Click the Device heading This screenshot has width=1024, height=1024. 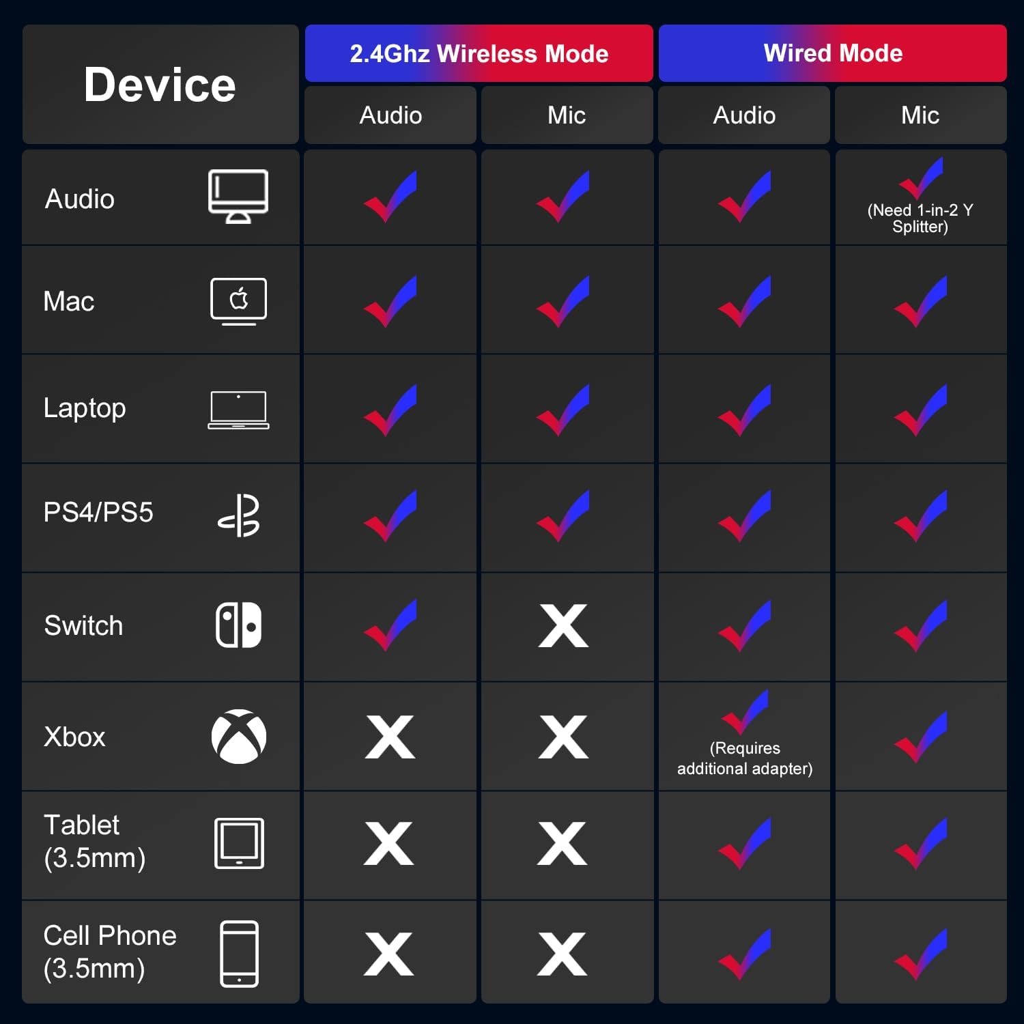(x=160, y=85)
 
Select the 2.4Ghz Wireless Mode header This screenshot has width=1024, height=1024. (x=479, y=53)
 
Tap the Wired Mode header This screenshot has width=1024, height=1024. (x=833, y=53)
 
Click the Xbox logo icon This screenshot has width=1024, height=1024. (x=239, y=737)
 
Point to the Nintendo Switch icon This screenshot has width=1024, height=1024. (x=239, y=625)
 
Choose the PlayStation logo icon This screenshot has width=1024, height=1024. (x=239, y=515)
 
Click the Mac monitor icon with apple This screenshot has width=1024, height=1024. (x=239, y=301)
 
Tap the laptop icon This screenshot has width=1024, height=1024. (x=239, y=410)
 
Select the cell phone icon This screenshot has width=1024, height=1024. (x=239, y=954)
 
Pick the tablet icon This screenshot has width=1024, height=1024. (x=239, y=843)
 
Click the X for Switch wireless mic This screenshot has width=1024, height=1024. (x=563, y=625)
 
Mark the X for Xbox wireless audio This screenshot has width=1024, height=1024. (x=390, y=737)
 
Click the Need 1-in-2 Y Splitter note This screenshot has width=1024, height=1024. (x=920, y=218)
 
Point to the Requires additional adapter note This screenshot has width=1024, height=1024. (x=745, y=758)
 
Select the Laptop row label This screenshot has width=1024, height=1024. (x=85, y=409)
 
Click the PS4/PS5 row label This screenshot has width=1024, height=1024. (x=98, y=512)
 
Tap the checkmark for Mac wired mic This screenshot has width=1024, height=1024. (x=921, y=301)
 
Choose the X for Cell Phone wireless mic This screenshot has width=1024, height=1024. (x=562, y=954)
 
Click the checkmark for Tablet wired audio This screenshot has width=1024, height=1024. (x=745, y=843)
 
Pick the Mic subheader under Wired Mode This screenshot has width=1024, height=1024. (x=920, y=115)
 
